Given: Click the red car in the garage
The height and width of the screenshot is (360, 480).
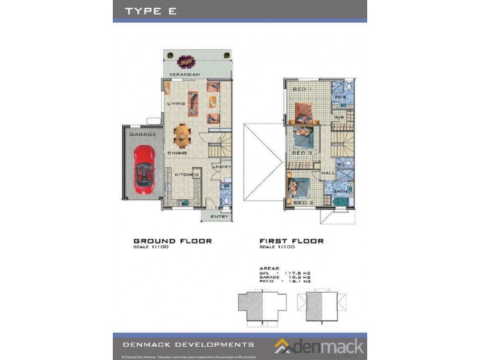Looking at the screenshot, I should pos(144,170).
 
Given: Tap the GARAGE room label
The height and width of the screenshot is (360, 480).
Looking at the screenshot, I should pos(142,134).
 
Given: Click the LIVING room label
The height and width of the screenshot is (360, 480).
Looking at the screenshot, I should pos(176,103).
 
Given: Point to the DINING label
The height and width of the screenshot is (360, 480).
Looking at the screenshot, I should pos(177,154).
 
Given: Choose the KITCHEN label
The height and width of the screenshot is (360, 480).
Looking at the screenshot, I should pos(186,175).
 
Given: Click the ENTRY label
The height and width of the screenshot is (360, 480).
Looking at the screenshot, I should pos(220,217).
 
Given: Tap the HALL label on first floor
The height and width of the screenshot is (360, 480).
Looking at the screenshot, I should pos(328,173).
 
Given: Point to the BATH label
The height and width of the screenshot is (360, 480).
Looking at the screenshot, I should pos(340,191).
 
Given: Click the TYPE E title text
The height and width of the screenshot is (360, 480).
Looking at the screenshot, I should pos(150,11).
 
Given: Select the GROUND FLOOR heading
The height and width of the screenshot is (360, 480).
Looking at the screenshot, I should pos(172,241).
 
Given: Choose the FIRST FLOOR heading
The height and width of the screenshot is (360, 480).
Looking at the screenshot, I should pos(292,241).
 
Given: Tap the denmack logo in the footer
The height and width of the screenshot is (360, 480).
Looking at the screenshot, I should pos(319,346).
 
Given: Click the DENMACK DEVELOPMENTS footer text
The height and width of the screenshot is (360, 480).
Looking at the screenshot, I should pos(188,344).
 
